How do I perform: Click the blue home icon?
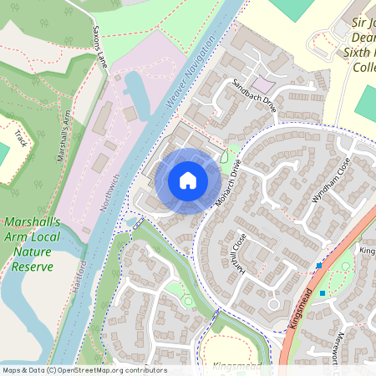tap(188, 180)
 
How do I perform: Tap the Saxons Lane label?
tap(99, 51)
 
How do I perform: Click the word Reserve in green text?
tap(33, 267)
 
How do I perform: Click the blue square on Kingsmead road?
tap(318, 267)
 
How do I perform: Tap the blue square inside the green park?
tap(322, 292)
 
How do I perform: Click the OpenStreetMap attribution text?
tap(84, 370)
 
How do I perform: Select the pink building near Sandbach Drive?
tap(262, 85)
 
